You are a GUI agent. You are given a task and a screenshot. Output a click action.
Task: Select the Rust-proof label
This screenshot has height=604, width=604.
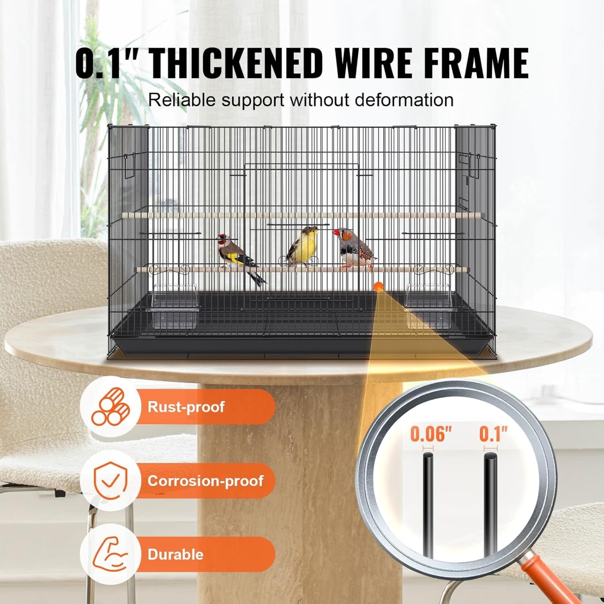point(186,407)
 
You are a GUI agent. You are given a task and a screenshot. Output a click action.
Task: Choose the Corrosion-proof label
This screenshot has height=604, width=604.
point(205,481)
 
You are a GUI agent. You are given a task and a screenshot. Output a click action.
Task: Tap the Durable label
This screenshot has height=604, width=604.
point(175,554)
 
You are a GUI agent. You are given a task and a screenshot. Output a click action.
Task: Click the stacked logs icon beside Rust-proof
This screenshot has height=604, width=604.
point(110,406)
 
